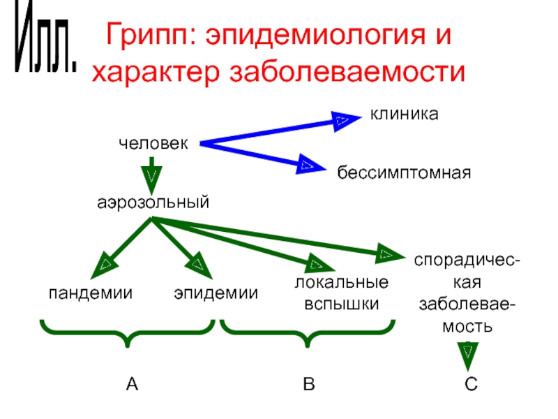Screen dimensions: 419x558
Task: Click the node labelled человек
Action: pyautogui.click(x=153, y=143)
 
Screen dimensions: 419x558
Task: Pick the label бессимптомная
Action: pyautogui.click(x=405, y=172)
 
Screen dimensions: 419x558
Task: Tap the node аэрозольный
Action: pyautogui.click(x=153, y=203)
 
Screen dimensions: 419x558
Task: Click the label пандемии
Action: pyautogui.click(x=91, y=293)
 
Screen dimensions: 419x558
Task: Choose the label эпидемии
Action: pyautogui.click(x=216, y=293)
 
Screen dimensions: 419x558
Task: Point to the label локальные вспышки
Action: pyautogui.click(x=341, y=294)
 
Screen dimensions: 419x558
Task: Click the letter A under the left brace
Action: pyautogui.click(x=132, y=383)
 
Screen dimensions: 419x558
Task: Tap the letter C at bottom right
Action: pyautogui.click(x=471, y=383)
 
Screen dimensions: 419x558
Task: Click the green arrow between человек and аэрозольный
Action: pyautogui.click(x=152, y=172)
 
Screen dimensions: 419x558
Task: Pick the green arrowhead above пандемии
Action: pyautogui.click(x=105, y=264)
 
